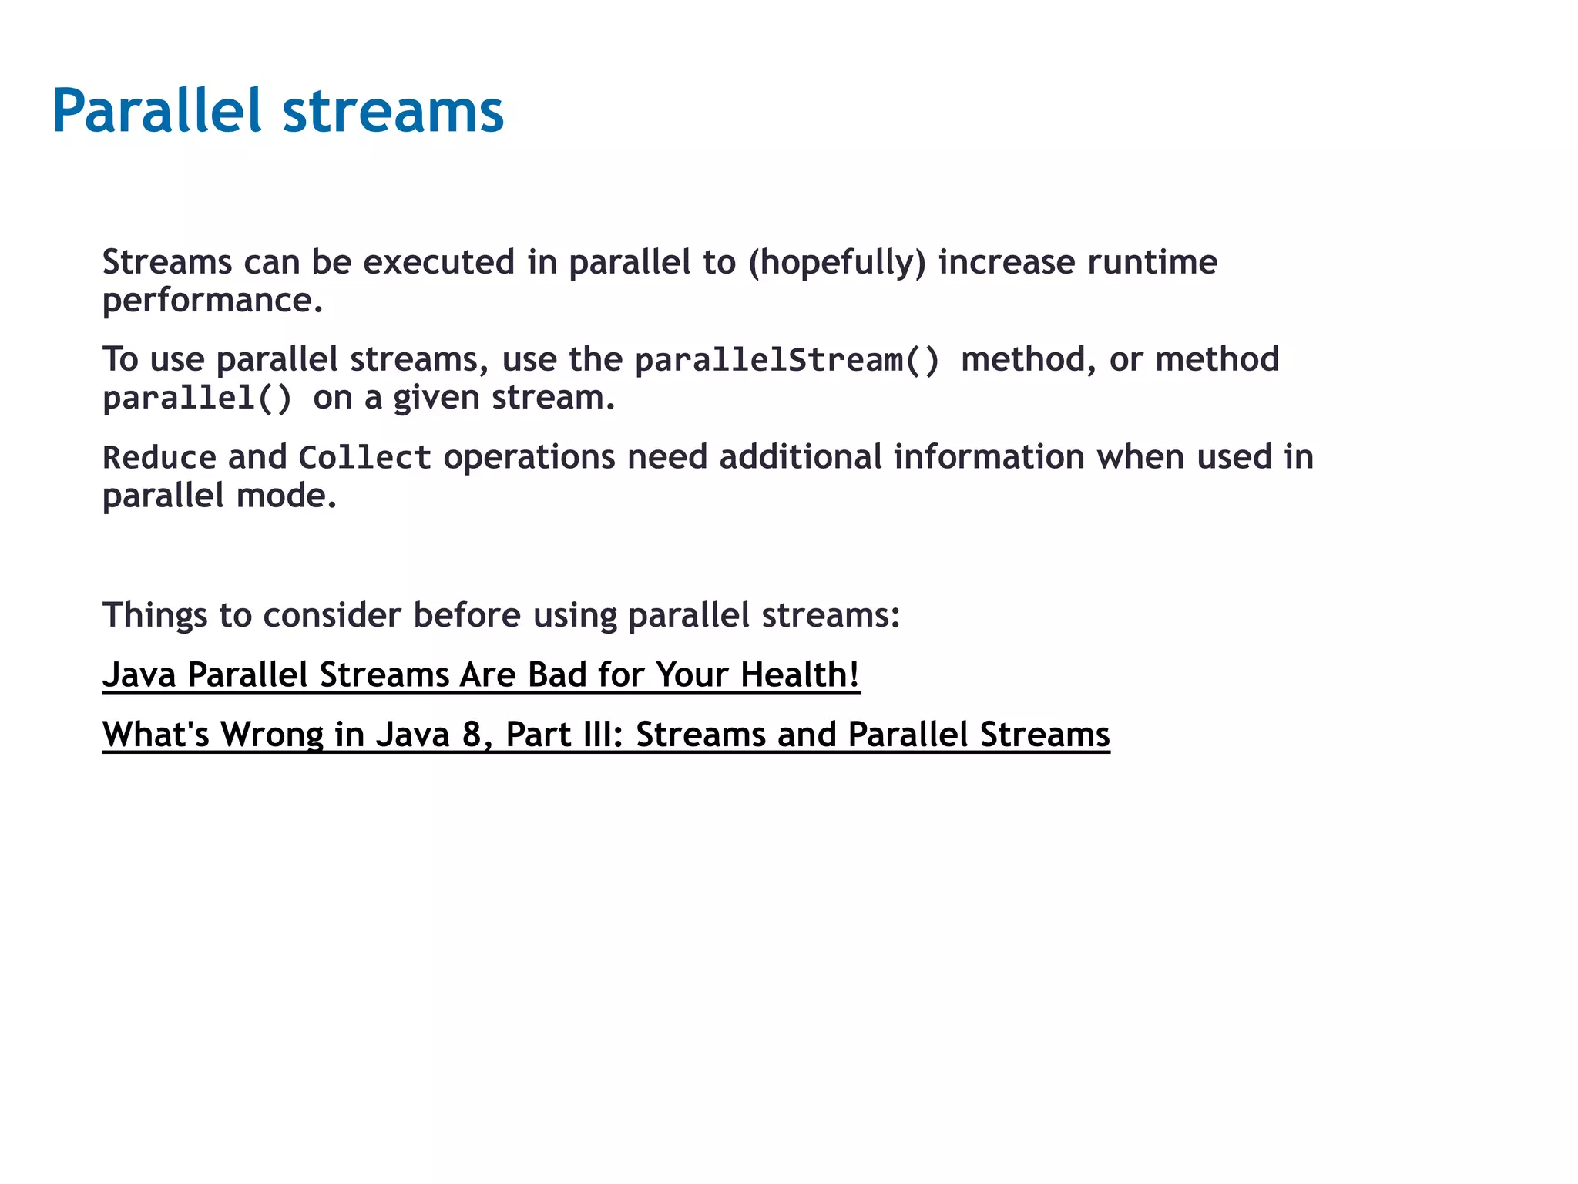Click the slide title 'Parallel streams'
[x=277, y=111]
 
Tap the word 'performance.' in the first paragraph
[x=213, y=301]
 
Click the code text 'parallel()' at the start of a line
[x=197, y=399]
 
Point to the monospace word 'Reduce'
[x=159, y=458]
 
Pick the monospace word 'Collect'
[x=364, y=458]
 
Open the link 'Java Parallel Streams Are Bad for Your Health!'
[x=481, y=675]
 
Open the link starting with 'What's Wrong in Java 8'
[x=606, y=735]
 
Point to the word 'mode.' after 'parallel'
[x=287, y=496]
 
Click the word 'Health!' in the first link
[x=800, y=675]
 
